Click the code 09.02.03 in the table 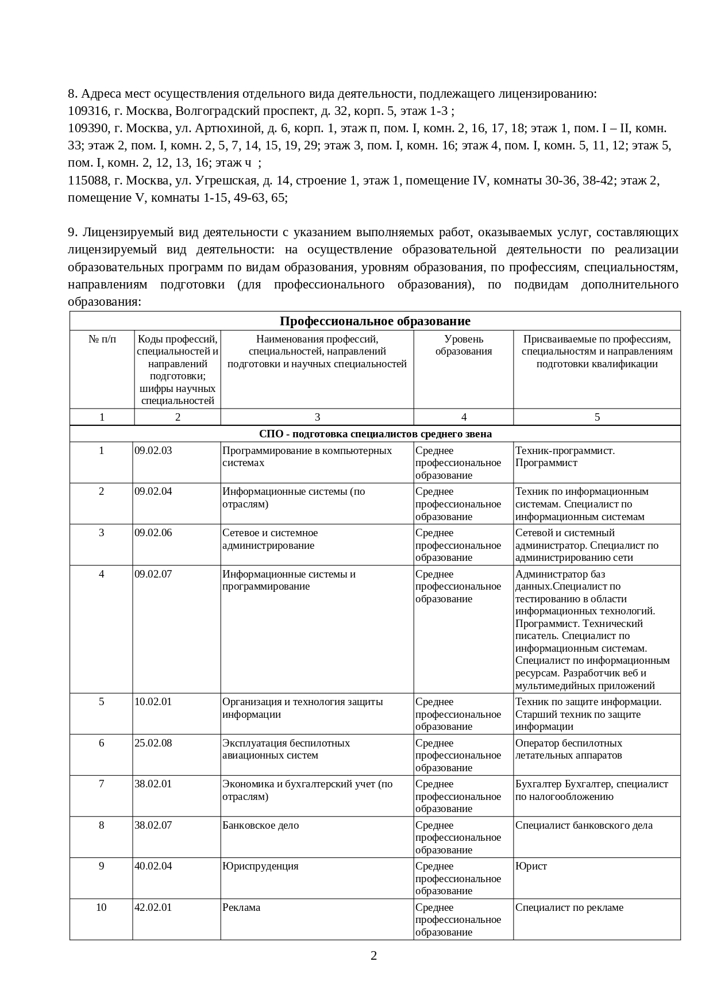click(x=153, y=451)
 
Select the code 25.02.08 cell click(x=153, y=743)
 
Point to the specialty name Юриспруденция click(x=261, y=866)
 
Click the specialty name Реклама click(x=241, y=907)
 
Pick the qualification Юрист click(x=531, y=866)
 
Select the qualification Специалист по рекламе click(x=569, y=907)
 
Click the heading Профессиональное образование click(x=375, y=321)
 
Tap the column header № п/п click(x=102, y=339)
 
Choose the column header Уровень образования click(x=464, y=345)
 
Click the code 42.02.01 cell click(x=153, y=907)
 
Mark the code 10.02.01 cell click(x=153, y=702)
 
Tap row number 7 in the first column click(x=102, y=784)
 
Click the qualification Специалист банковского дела click(x=584, y=825)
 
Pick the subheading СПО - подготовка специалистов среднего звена click(x=375, y=434)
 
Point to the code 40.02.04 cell click(x=153, y=866)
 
